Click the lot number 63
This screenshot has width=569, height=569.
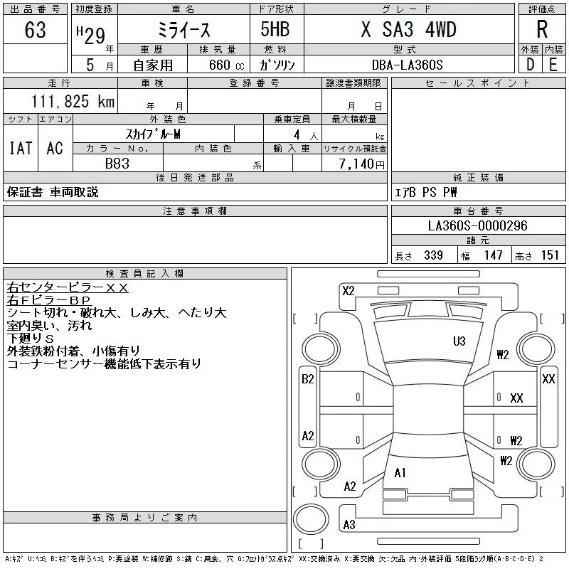coord(35,30)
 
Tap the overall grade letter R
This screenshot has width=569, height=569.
coord(542,30)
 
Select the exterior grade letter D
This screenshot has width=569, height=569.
coord(530,65)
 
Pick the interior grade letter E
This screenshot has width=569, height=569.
coord(553,65)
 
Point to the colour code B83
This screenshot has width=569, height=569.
coord(117,163)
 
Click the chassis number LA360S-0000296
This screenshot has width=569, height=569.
coord(478,225)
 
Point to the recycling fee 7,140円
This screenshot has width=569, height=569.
coord(363,164)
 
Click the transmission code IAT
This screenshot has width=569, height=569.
coord(21,148)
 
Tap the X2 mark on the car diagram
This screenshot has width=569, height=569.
coord(349,290)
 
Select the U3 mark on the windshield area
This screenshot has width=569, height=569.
coord(459,341)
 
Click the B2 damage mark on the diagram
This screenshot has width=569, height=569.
coord(308,379)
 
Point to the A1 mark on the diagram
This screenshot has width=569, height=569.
coord(400,472)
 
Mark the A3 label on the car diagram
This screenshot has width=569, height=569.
coord(349,525)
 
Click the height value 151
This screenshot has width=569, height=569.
coord(550,255)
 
